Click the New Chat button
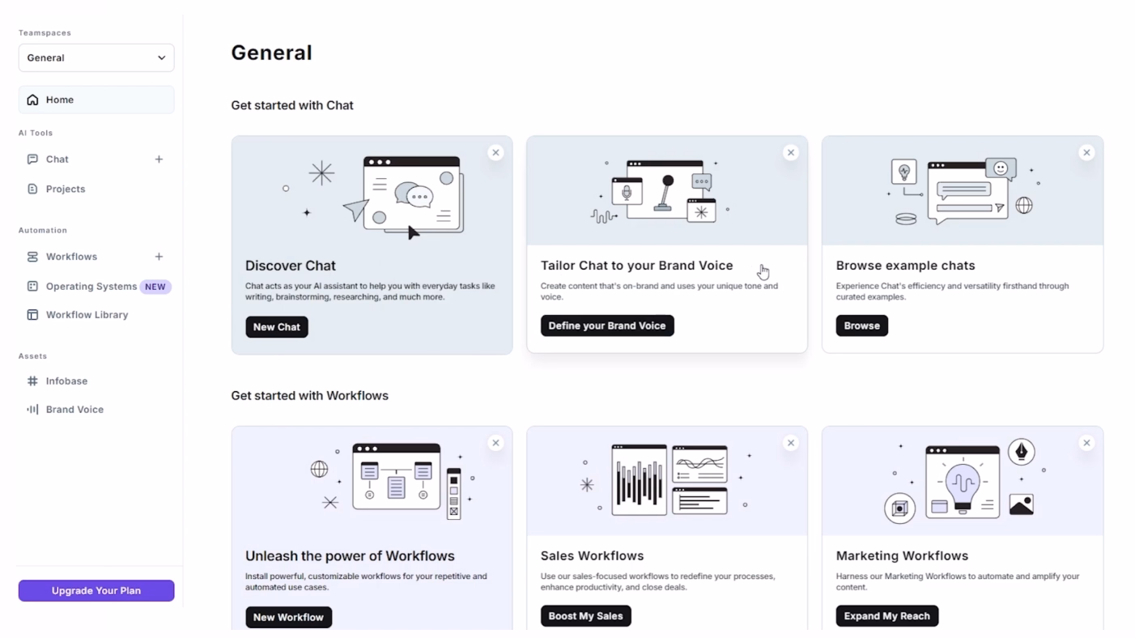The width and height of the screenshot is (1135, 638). (x=277, y=327)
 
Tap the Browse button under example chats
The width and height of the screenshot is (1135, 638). (x=861, y=325)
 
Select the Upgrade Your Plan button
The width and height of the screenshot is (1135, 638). (x=96, y=590)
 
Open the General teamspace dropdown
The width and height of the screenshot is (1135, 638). (x=96, y=57)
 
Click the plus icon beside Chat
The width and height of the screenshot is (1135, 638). (x=159, y=159)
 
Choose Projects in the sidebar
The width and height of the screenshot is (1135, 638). (x=66, y=189)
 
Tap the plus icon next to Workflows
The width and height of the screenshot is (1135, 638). (x=159, y=257)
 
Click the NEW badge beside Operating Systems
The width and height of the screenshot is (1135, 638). (x=155, y=287)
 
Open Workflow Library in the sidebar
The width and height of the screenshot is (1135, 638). (x=87, y=315)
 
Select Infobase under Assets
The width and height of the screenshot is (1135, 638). (x=66, y=381)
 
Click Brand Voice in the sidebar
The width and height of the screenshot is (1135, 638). (x=74, y=409)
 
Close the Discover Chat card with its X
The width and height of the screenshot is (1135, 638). (x=495, y=152)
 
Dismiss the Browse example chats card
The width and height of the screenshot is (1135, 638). (x=1086, y=152)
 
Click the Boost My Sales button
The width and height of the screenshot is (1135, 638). (x=585, y=615)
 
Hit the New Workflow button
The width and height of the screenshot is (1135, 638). (x=288, y=617)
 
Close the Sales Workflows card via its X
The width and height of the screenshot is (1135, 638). (x=790, y=443)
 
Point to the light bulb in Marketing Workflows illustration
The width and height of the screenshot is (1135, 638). (x=963, y=487)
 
